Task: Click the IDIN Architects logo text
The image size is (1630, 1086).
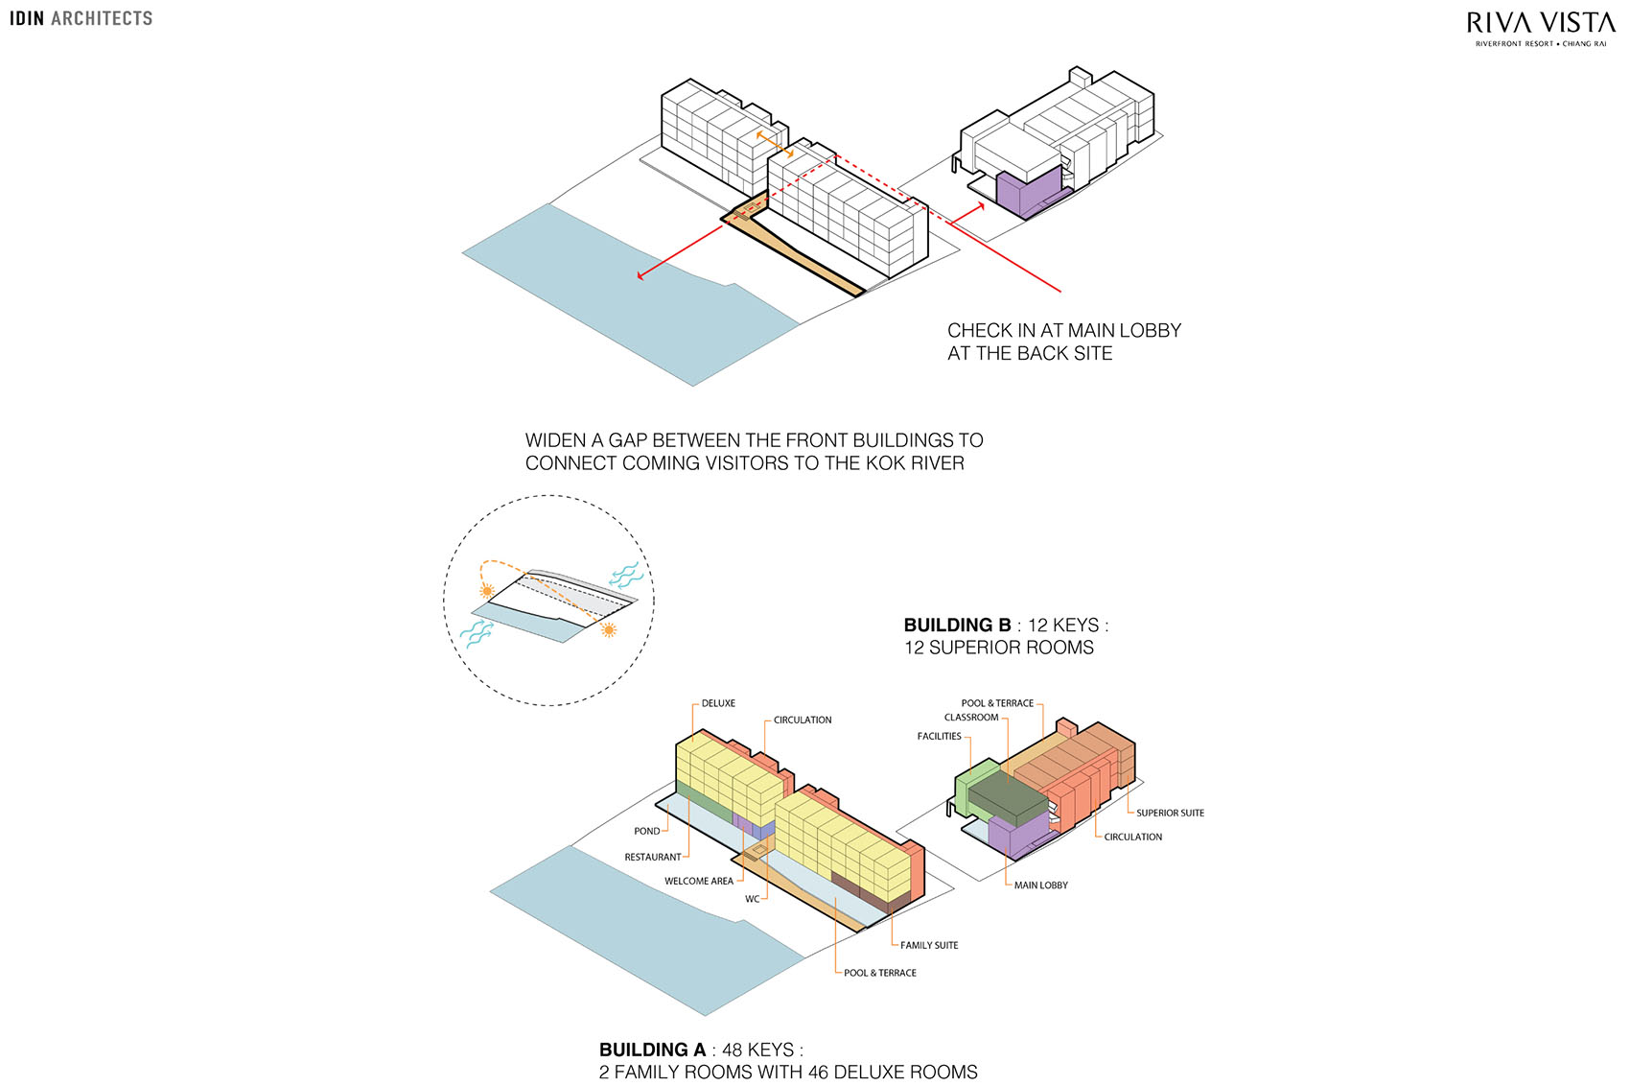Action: (81, 18)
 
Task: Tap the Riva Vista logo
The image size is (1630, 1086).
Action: (1541, 29)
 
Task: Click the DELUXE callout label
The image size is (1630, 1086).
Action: (718, 703)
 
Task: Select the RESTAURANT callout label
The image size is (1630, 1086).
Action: (653, 857)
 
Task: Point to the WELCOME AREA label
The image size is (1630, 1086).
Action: (699, 881)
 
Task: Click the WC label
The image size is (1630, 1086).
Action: (753, 899)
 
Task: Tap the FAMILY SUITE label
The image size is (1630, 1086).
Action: (929, 945)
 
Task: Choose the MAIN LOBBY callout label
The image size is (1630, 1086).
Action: (1041, 885)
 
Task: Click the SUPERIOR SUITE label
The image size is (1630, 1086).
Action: (1170, 813)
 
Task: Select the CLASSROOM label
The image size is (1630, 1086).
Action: (971, 717)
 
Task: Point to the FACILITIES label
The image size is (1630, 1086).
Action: (939, 736)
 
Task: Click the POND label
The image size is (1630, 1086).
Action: (647, 831)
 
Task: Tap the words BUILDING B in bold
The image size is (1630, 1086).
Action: (958, 625)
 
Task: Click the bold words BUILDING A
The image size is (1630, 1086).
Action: (653, 1050)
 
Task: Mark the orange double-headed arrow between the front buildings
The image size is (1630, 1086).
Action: (775, 144)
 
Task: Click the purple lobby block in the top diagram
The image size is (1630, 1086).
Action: (1026, 193)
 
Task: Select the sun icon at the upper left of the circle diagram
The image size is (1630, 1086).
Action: (487, 590)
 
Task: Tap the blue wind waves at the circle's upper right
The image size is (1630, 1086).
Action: (626, 575)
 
